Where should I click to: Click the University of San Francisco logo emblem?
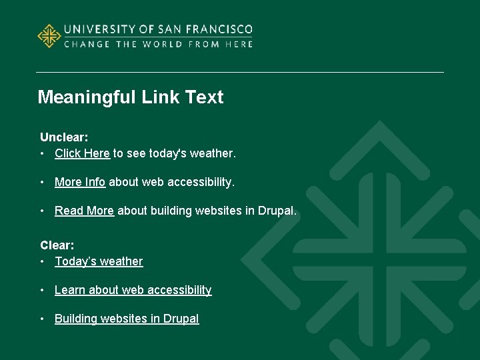[x=49, y=36]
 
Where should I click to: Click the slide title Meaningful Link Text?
[x=131, y=97]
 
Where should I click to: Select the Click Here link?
[x=82, y=153]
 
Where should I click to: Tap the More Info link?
[x=80, y=182]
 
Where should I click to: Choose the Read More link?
[x=84, y=211]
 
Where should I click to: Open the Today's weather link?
[x=99, y=261]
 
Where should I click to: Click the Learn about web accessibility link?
[x=133, y=290]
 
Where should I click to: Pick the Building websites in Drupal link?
[x=127, y=319]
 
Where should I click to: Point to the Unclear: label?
[x=64, y=137]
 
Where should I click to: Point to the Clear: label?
[x=57, y=245]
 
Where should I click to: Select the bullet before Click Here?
[x=43, y=154]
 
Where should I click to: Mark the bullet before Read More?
[x=43, y=211]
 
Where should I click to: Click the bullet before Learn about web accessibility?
[x=43, y=291]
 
